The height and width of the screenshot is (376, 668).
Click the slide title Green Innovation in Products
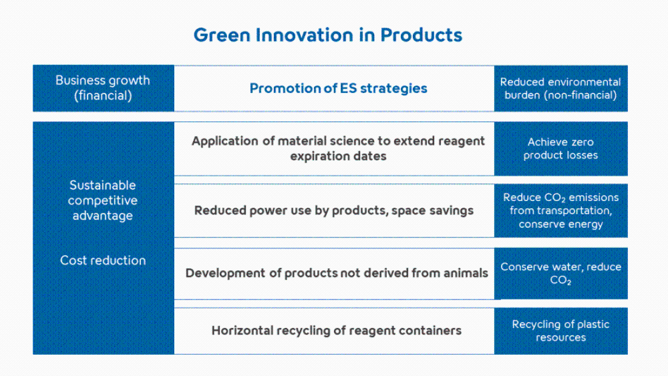point(327,35)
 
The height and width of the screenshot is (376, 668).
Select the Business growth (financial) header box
point(103,88)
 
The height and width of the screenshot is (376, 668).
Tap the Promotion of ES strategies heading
point(338,88)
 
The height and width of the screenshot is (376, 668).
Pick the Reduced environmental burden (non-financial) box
point(561,88)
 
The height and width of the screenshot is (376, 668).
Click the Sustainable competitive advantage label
point(103,200)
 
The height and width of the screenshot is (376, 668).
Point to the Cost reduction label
point(103,261)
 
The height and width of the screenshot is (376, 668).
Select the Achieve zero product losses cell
point(561,149)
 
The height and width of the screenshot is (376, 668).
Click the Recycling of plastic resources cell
point(561,331)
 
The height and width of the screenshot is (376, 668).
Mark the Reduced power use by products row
point(335,211)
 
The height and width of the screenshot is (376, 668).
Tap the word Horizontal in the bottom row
point(242,331)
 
